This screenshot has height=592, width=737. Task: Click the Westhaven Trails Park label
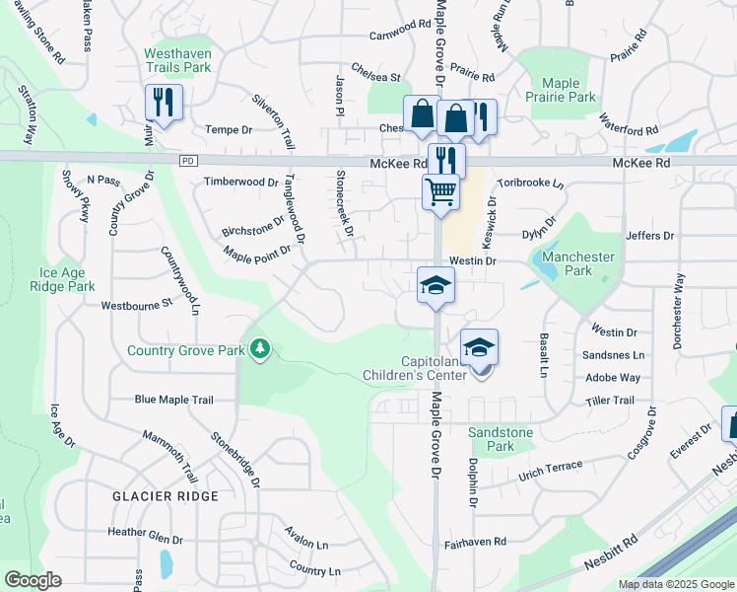click(x=177, y=60)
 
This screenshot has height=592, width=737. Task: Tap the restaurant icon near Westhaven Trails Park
click(x=163, y=102)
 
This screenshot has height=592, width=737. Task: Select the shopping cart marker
click(x=440, y=190)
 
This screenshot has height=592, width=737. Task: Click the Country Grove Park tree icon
click(x=259, y=348)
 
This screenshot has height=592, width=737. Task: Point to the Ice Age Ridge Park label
click(x=67, y=279)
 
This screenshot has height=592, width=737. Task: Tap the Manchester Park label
click(x=578, y=263)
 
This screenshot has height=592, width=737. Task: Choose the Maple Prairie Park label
click(x=561, y=90)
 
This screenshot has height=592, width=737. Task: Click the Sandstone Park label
click(x=501, y=439)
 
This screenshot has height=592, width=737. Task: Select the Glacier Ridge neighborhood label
click(x=165, y=496)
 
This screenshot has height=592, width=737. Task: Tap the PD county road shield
click(x=187, y=161)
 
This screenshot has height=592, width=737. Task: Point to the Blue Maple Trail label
click(x=173, y=400)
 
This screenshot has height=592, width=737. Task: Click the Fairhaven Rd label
click(x=475, y=543)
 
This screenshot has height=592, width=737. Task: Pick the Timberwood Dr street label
click(x=240, y=182)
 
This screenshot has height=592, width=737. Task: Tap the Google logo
click(x=33, y=579)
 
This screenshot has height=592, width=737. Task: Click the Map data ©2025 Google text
click(x=676, y=584)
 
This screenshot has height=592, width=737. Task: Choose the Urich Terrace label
click(x=553, y=466)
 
